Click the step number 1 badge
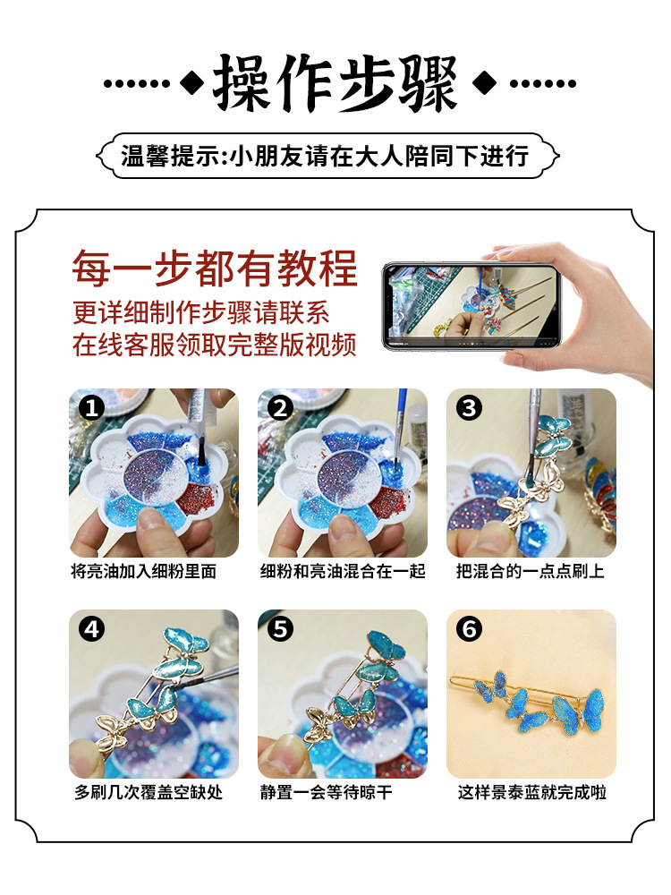click(91, 408)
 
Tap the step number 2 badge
click(280, 408)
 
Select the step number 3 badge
click(469, 408)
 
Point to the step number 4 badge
click(91, 629)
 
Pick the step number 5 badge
click(280, 629)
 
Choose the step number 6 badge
click(469, 629)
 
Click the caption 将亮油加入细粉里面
click(144, 571)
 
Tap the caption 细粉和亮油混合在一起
click(343, 571)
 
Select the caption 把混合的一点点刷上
click(530, 571)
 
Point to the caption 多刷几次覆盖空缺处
click(149, 792)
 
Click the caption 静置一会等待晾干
click(327, 792)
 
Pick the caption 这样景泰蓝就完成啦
click(531, 792)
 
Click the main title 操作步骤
click(335, 83)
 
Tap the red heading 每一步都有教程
click(215, 268)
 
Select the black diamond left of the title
click(192, 83)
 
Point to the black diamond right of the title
click(484, 83)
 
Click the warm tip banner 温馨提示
click(327, 156)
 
